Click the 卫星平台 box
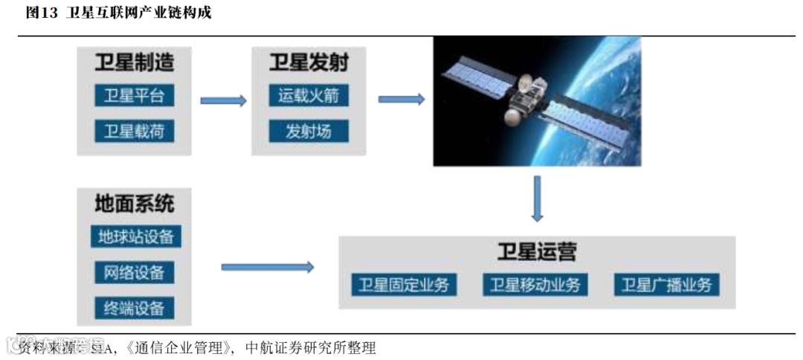point(134,96)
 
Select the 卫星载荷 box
point(134,132)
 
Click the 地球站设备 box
point(135,237)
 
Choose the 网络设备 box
point(135,272)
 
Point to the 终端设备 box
point(135,307)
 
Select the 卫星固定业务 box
point(404,285)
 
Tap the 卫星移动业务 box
point(535,285)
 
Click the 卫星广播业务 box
point(667,285)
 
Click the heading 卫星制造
point(135,62)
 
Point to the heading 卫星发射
point(309,62)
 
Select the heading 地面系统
point(135,203)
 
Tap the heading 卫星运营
point(537,251)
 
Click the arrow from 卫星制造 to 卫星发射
point(223,100)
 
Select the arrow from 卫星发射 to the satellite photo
point(401,99)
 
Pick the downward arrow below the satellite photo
point(538,199)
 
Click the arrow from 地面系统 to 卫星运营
point(268,267)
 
